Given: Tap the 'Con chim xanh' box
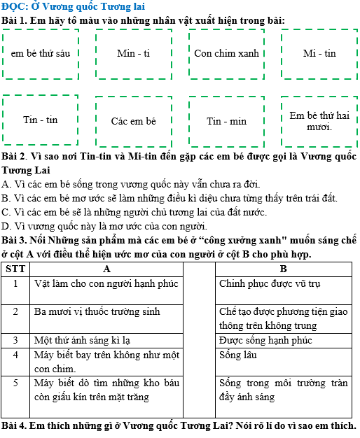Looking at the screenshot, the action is [226, 54].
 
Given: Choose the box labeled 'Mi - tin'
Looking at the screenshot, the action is [319, 54].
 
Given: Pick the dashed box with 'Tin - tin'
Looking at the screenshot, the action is [41, 120].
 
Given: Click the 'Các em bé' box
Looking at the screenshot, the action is [133, 121].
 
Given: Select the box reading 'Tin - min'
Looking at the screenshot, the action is [226, 121].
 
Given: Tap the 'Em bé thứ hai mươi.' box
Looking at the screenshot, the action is [319, 121].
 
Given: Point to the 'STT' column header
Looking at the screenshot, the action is [15, 269].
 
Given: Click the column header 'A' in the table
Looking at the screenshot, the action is [106, 269].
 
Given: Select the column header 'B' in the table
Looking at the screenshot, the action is [283, 269].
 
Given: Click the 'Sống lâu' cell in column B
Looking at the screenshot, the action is [238, 355].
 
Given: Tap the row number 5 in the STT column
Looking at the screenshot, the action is [15, 383].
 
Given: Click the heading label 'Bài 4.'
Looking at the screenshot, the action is [15, 426].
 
